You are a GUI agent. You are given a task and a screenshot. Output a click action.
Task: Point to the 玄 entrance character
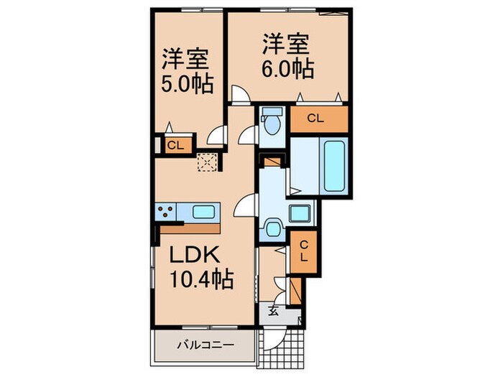tap(274, 311)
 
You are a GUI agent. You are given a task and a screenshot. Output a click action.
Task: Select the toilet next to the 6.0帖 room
tap(272, 123)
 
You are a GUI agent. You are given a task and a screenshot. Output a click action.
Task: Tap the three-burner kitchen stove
tap(165, 212)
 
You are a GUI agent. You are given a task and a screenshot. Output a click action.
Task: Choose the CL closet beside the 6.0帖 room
tap(316, 119)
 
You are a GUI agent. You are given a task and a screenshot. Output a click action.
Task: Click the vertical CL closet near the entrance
tap(303, 251)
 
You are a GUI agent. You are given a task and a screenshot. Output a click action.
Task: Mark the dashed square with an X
tap(207, 162)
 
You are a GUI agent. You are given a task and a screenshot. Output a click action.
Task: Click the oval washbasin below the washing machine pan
tap(274, 228)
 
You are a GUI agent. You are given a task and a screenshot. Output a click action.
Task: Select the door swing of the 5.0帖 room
tap(214, 137)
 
